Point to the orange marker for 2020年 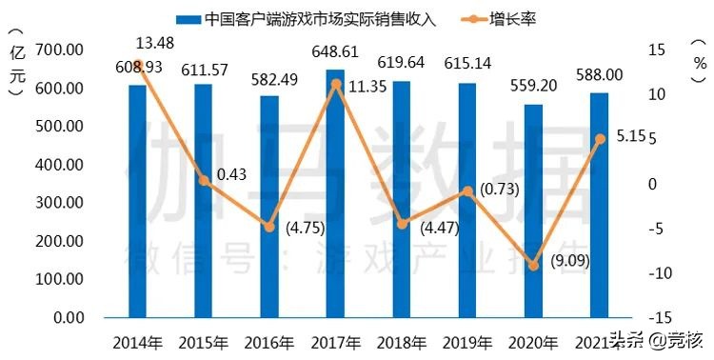(533, 266)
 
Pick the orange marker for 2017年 (335, 84)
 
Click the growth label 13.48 (154, 43)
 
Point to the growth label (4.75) (307, 228)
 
